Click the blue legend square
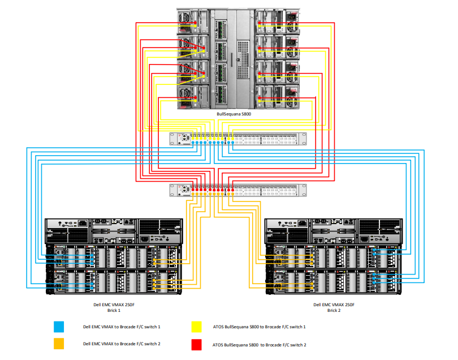pyautogui.click(x=59, y=327)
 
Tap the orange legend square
pyautogui.click(x=59, y=344)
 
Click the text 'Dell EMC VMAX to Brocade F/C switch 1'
pyautogui.click(x=122, y=327)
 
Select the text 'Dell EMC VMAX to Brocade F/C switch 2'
pyautogui.click(x=122, y=344)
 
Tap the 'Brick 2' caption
pyautogui.click(x=334, y=310)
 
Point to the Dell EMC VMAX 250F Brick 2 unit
pyautogui.click(x=334, y=255)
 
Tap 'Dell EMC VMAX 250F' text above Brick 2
pyautogui.click(x=334, y=305)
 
